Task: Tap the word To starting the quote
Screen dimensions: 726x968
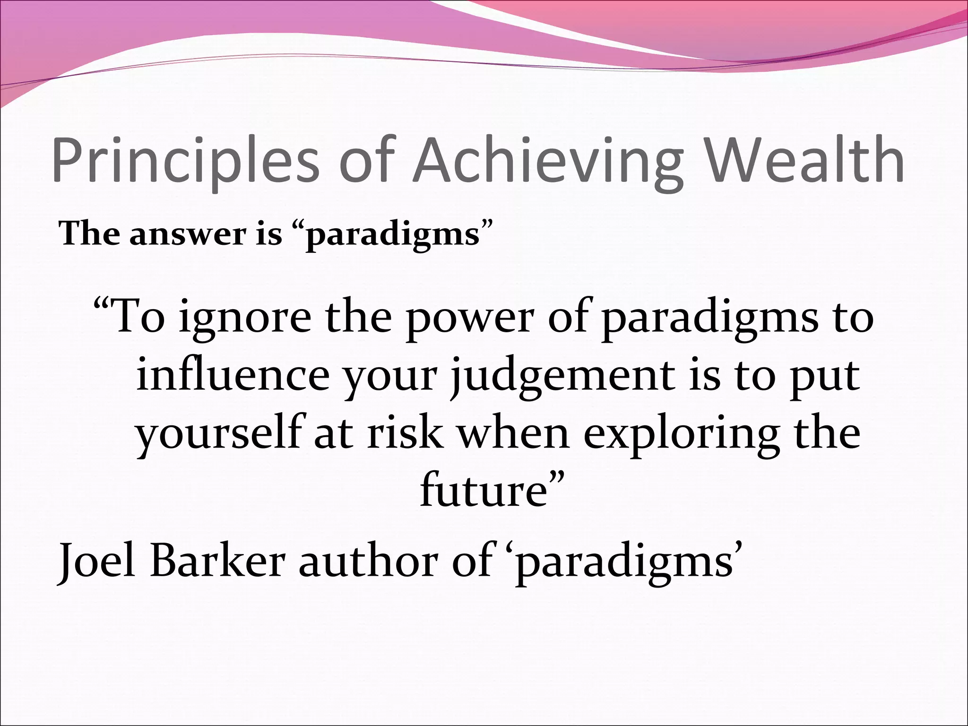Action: (137, 317)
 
